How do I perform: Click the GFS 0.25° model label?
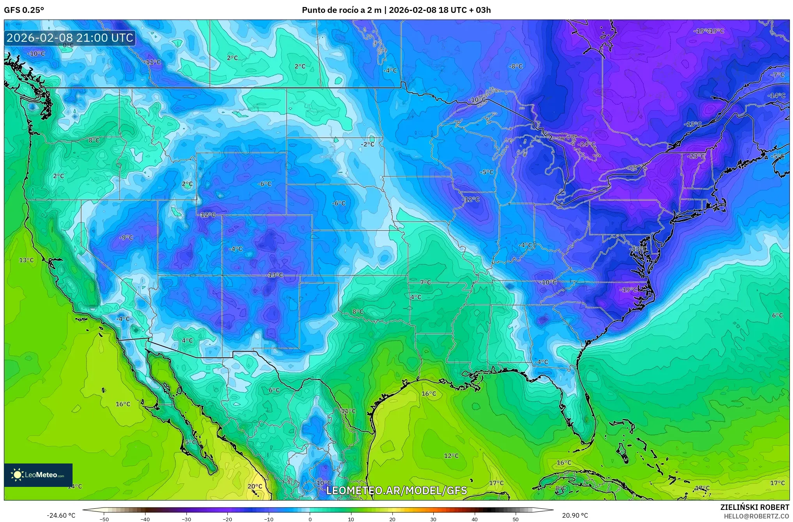(24, 10)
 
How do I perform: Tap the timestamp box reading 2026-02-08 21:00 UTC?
(70, 38)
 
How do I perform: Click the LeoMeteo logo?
(38, 475)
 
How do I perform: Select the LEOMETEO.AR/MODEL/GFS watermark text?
(396, 490)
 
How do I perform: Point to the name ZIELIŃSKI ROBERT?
(754, 507)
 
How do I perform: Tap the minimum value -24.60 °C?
(61, 515)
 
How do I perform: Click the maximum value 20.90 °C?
(575, 515)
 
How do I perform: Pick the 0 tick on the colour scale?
(310, 519)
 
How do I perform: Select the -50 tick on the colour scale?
(104, 519)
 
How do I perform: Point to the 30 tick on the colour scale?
(433, 519)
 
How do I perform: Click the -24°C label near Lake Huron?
(587, 144)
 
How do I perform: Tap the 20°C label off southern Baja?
(255, 486)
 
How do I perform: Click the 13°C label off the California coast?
(27, 260)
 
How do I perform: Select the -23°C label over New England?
(696, 156)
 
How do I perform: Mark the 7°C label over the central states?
(426, 282)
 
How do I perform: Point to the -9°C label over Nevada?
(126, 237)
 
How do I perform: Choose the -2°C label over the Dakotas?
(367, 144)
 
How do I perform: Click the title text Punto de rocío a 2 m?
(341, 10)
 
